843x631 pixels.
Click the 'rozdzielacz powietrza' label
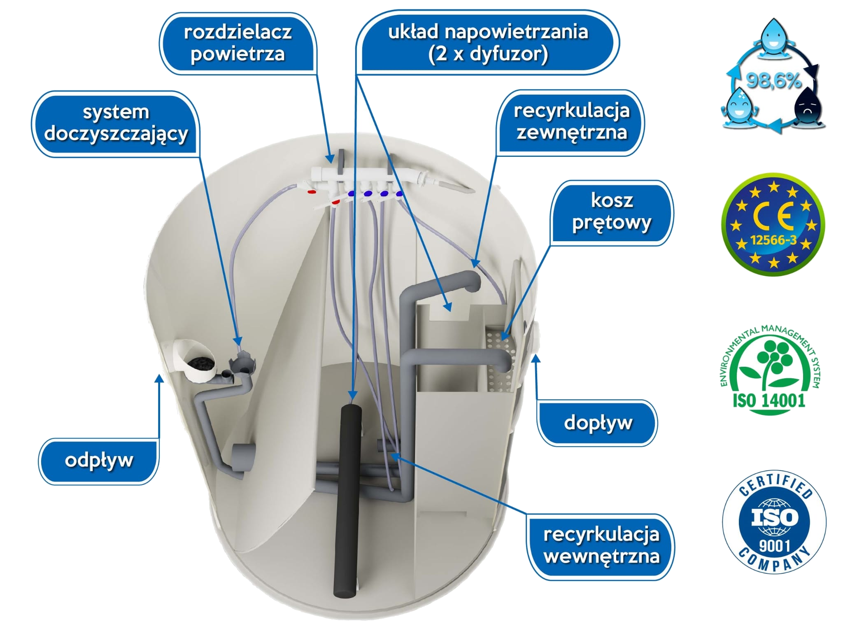[238, 44]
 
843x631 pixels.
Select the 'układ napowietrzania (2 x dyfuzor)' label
[488, 43]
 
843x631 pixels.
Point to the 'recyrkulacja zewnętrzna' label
[572, 122]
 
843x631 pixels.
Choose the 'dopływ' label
[598, 422]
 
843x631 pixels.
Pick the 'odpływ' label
[99, 460]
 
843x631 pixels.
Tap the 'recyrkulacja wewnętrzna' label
[601, 546]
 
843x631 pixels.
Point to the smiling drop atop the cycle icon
[773, 39]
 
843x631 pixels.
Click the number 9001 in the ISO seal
[774, 546]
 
